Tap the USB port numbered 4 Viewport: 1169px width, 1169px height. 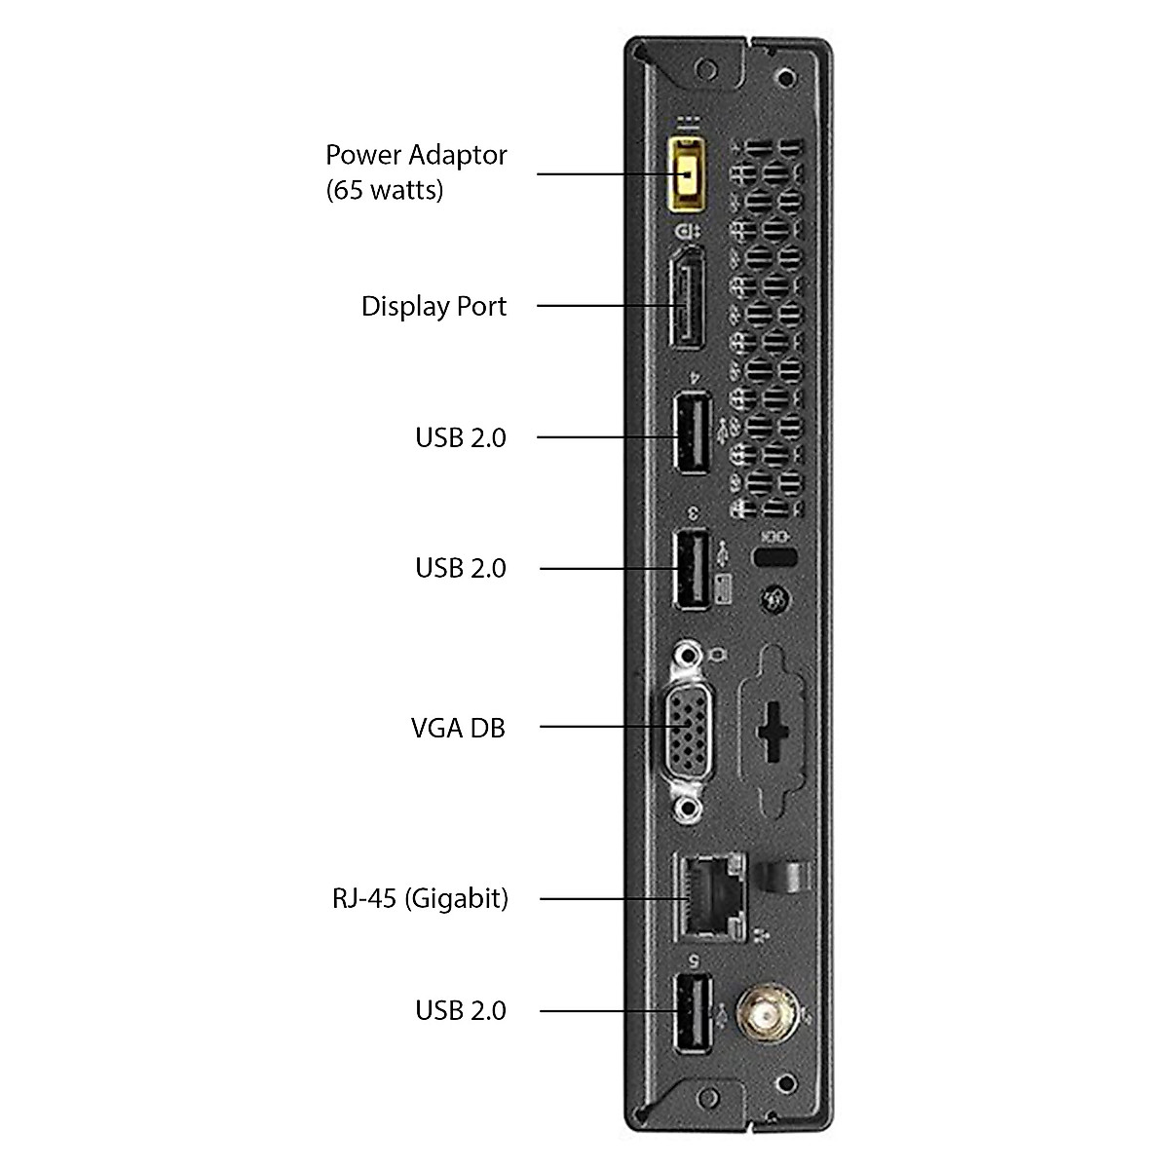[692, 433]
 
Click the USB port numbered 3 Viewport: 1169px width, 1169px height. [692, 568]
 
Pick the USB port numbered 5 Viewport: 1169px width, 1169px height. [692, 1013]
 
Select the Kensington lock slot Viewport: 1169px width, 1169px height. [775, 558]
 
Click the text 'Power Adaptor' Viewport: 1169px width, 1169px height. [416, 155]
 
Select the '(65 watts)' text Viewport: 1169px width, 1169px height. [384, 189]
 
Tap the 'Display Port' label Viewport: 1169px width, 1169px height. [434, 306]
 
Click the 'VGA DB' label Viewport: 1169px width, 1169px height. [458, 727]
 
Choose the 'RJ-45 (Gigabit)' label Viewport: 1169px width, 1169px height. [420, 897]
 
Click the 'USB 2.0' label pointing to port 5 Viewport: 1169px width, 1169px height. [461, 1010]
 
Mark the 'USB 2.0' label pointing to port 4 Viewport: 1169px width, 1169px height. [461, 436]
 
